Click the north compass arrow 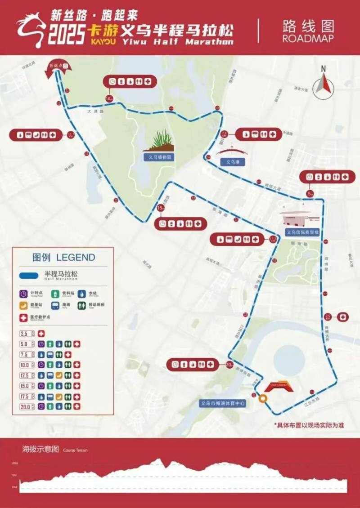[322, 84]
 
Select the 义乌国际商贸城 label [303, 232]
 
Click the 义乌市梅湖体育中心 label [223, 403]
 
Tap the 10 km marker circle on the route [109, 98]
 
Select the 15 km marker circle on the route [160, 208]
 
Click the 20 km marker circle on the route [229, 365]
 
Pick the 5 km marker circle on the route [310, 193]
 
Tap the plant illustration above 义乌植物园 [160, 140]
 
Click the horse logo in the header [31, 28]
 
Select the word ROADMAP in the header [308, 38]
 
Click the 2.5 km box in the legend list [25, 334]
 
